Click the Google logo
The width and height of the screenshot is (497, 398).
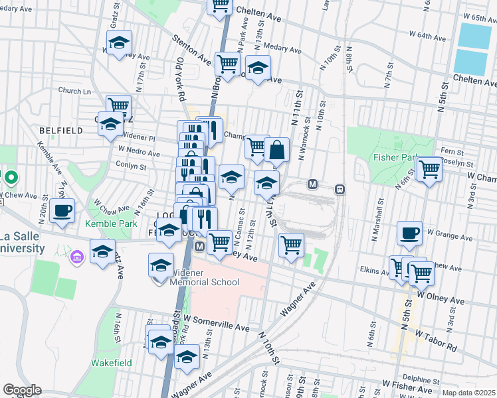coord(22,390)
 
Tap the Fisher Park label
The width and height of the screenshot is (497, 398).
coord(395,158)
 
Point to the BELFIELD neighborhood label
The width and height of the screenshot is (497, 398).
coord(60,131)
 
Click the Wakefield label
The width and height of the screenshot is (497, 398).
coord(112,363)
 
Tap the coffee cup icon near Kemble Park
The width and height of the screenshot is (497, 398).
coord(62,211)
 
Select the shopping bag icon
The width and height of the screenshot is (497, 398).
coord(276,150)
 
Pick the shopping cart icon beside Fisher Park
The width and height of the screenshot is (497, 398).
coord(429,169)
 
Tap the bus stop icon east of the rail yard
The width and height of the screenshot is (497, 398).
coord(340,189)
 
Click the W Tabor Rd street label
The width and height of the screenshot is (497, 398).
coord(437,339)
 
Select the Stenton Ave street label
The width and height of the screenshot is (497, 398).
coord(193,54)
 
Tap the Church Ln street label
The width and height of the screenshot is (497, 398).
coord(74,91)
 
